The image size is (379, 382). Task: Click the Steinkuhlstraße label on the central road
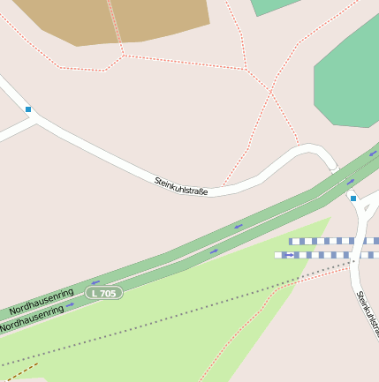coord(181,186)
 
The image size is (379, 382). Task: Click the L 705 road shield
coord(104,292)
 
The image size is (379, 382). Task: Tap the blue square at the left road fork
coord(28,109)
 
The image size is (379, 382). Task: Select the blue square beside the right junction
coord(352,198)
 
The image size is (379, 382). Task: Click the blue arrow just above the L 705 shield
coord(95,282)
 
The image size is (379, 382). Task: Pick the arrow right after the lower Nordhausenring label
coord(70,305)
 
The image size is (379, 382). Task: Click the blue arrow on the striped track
coord(289,255)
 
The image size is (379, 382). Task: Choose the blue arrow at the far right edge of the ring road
coord(373,154)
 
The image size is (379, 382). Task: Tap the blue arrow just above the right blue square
coord(351,183)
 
